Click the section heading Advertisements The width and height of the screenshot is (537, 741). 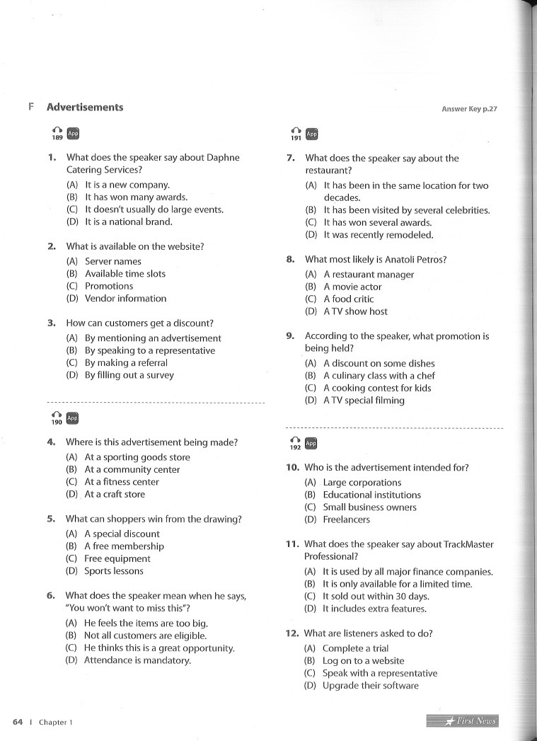(85, 108)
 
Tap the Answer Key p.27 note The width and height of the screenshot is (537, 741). (470, 109)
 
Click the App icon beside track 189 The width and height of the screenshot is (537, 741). (73, 132)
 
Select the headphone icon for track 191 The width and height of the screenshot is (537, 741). (296, 130)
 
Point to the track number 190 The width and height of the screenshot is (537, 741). (57, 423)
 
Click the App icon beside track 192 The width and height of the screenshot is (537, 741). (311, 443)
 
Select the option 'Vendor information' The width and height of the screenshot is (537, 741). (125, 299)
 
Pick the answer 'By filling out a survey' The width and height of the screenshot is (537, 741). (129, 375)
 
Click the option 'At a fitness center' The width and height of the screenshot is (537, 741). (122, 482)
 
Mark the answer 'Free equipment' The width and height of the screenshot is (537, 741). (117, 558)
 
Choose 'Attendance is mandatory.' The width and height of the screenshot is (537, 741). (137, 660)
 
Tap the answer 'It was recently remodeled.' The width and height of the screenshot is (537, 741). (379, 235)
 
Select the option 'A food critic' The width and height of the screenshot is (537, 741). (348, 299)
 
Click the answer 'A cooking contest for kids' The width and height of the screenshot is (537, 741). (377, 388)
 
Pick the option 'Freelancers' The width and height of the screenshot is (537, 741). (346, 519)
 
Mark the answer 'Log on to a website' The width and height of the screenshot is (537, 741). (363, 661)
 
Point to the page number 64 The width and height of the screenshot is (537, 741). (18, 722)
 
